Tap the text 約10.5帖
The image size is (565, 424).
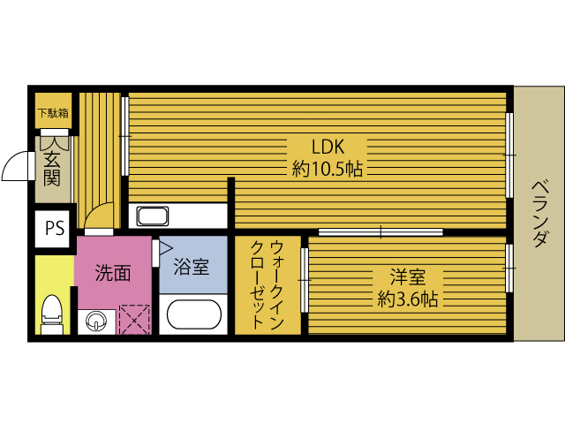click(x=328, y=169)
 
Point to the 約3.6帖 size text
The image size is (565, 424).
click(x=408, y=299)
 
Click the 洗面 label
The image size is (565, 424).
click(x=113, y=273)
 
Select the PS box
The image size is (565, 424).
click(x=54, y=228)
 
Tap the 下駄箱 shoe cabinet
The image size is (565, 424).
click(x=52, y=113)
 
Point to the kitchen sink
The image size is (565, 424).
click(x=154, y=216)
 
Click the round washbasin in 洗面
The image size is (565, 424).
click(x=94, y=319)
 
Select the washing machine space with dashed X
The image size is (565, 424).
click(x=134, y=319)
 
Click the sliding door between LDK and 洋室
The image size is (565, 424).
click(x=380, y=231)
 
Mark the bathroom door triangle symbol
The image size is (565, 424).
click(x=164, y=249)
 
